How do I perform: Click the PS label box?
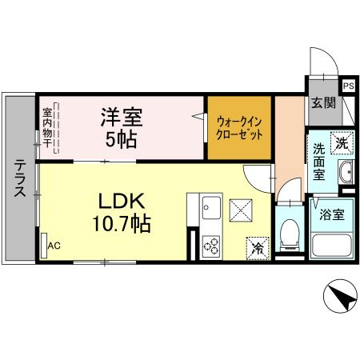pos(349,86)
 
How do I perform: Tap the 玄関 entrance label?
pos(323,102)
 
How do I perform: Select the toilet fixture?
pos(290,234)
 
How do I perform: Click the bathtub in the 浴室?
pos(332,246)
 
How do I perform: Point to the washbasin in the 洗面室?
pos(346,172)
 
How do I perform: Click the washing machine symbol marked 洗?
pos(342,143)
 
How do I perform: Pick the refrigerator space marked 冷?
pos(258,248)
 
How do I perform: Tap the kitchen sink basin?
pos(211,208)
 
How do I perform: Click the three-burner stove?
pos(211,246)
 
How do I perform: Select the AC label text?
pos(54,246)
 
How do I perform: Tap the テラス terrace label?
pos(20,178)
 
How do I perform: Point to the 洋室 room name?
pos(122,117)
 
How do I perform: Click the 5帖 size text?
pos(122,139)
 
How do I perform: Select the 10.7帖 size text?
pos(122,223)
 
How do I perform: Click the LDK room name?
pos(122,201)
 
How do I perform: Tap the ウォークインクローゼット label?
pos(239,129)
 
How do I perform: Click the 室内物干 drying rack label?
pos(47,127)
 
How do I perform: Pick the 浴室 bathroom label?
pos(332,214)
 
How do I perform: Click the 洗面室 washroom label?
pos(319,162)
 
